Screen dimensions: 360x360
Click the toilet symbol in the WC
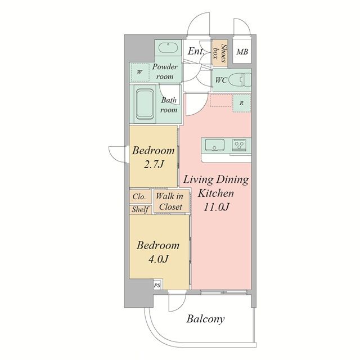click(240, 80)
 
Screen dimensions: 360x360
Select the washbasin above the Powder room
click(168, 48)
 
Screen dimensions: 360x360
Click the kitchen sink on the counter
click(215, 145)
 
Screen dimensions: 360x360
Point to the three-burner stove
click(239, 145)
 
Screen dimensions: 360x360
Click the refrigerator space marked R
click(241, 103)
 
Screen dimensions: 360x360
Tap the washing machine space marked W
click(139, 72)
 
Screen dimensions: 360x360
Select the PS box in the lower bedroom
click(157, 285)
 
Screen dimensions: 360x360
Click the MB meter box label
click(242, 52)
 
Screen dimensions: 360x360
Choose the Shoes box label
click(219, 53)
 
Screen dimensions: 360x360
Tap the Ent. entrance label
click(196, 51)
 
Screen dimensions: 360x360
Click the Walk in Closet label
click(170, 201)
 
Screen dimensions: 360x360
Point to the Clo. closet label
click(139, 197)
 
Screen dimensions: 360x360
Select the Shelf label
click(140, 209)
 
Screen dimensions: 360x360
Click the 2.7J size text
click(154, 164)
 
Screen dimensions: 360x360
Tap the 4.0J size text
click(159, 259)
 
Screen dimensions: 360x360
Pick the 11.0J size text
click(216, 207)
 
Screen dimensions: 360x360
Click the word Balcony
click(205, 319)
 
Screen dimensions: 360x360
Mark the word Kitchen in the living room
click(216, 193)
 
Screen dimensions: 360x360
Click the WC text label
click(221, 80)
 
